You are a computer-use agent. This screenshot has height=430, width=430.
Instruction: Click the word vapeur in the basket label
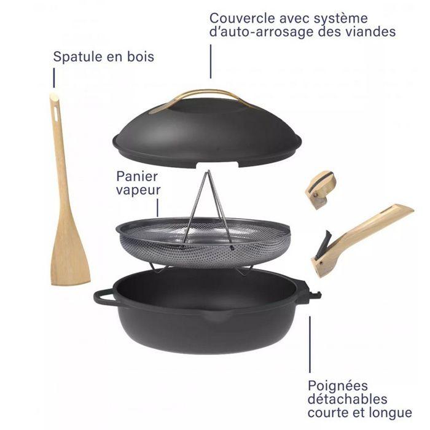[138, 190]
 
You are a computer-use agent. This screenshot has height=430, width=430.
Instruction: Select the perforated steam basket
[203, 243]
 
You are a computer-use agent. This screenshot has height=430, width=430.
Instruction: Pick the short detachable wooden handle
[321, 189]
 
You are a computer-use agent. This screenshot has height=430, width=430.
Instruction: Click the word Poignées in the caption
[338, 386]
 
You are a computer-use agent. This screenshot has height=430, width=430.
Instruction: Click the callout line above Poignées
[310, 347]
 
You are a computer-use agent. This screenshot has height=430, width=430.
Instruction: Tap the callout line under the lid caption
[211, 61]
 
